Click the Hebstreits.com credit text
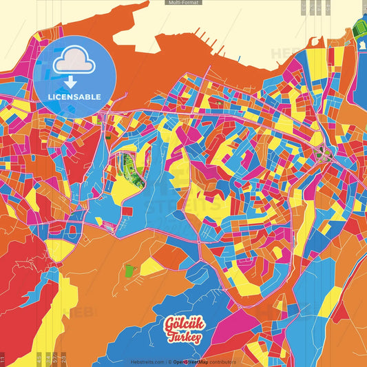point(147,361)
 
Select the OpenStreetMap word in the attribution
point(192,361)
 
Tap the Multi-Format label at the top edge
point(184,3)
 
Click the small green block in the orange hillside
point(131,269)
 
